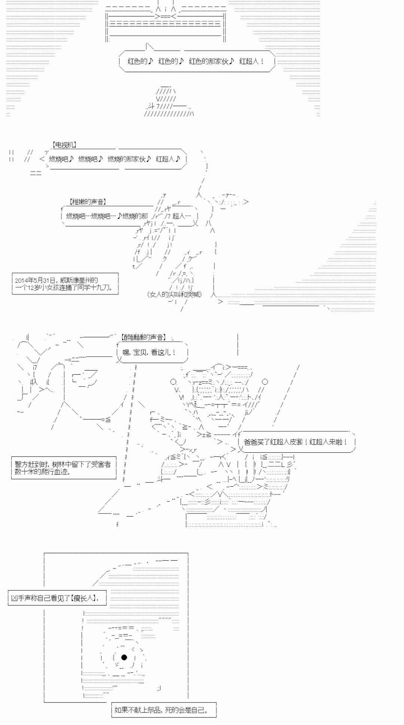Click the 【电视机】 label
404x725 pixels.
(x=64, y=145)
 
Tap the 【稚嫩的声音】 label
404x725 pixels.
(x=88, y=202)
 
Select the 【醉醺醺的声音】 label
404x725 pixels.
(x=143, y=337)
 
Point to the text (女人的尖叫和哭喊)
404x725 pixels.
(x=174, y=294)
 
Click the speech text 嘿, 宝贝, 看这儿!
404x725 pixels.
(x=150, y=352)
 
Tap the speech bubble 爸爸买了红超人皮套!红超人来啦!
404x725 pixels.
(x=296, y=442)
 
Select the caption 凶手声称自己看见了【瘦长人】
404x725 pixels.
(x=55, y=598)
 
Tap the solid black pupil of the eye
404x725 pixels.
(x=124, y=657)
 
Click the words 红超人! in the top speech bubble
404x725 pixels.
(x=252, y=61)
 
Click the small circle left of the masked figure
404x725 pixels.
(x=173, y=382)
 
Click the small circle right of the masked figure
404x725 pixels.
(x=265, y=382)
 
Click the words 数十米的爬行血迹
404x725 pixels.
(x=43, y=472)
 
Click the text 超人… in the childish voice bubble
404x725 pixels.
(x=181, y=216)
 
